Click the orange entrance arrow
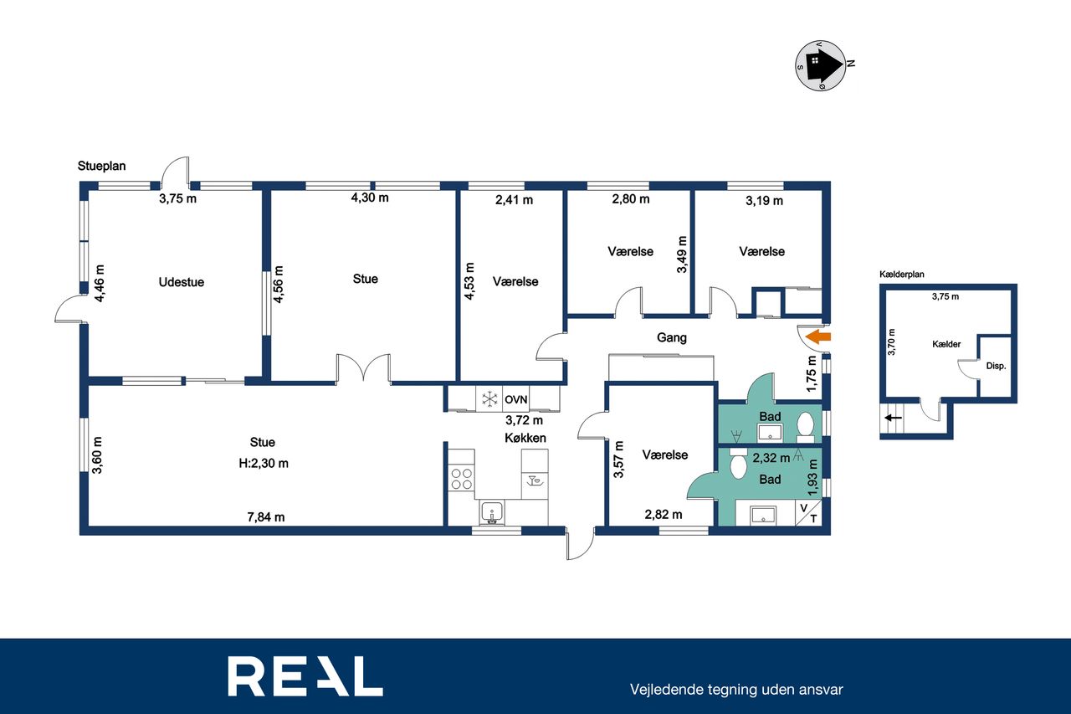818,336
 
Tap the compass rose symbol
822,65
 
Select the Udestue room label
182,282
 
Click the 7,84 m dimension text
266,517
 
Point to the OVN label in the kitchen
516,399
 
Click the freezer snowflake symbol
489,399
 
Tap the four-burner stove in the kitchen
462,479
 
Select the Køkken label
525,438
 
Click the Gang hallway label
672,337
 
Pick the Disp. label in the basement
996,366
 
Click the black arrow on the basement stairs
893,418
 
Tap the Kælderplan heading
902,275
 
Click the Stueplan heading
102,166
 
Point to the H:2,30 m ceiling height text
264,464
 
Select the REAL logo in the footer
305,675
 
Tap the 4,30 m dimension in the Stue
370,198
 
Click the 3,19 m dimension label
764,201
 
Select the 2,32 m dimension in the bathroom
771,458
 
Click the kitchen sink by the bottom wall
492,513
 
